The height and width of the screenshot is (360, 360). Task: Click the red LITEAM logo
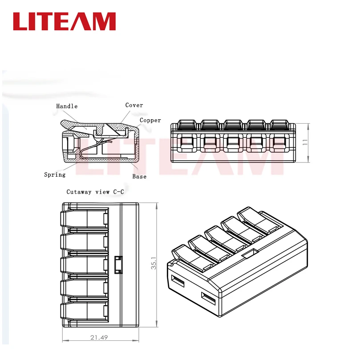click(x=64, y=21)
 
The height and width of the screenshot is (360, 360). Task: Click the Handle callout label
click(x=67, y=106)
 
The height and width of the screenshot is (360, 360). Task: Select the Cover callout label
click(x=134, y=105)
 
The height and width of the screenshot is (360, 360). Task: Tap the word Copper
click(x=150, y=120)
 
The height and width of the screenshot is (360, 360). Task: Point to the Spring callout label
click(x=55, y=175)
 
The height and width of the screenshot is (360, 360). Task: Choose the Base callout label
click(x=139, y=177)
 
